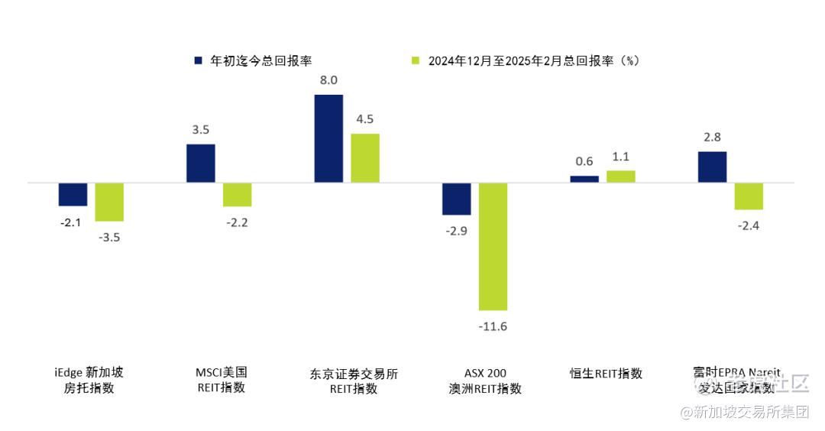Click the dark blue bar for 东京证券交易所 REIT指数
[x=328, y=138]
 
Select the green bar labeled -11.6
[x=493, y=246]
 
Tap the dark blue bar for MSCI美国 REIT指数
[x=201, y=163]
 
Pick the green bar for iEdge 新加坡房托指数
[x=109, y=202]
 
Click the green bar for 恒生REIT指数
[x=620, y=177]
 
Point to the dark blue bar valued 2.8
[x=712, y=167]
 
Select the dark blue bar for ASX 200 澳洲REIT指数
[x=457, y=199]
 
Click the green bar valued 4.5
[x=365, y=158]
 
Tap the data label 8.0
[x=329, y=80]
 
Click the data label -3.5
[x=109, y=237]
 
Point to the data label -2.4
[x=749, y=225]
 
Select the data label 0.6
[x=584, y=161]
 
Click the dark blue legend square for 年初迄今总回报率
[x=198, y=60]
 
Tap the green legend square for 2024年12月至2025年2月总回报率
[x=416, y=60]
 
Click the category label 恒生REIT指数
[x=606, y=374]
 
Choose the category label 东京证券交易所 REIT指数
[x=354, y=381]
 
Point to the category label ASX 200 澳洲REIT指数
[x=485, y=381]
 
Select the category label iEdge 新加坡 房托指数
[x=89, y=381]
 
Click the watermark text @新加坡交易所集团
[x=744, y=413]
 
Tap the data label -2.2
[x=238, y=222]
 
